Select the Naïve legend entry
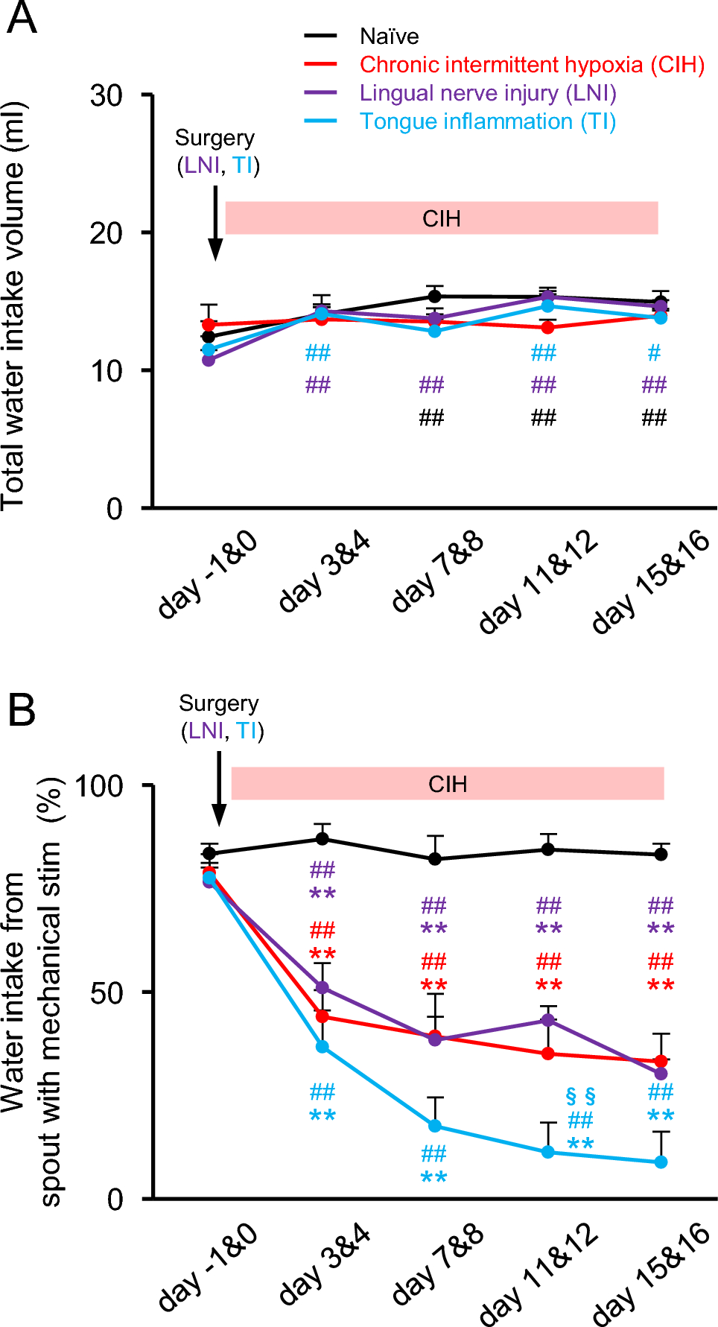[388, 37]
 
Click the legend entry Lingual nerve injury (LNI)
[488, 93]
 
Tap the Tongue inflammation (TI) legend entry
[488, 121]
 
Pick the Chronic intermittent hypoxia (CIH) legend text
[532, 65]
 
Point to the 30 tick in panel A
[106, 95]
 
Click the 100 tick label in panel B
[98, 785]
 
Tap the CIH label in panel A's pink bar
[442, 218]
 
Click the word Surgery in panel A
[215, 138]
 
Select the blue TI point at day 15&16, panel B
[661, 1162]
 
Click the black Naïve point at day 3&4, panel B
[323, 839]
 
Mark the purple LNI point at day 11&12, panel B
[548, 1020]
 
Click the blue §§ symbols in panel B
[580, 1096]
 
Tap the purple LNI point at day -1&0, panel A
[209, 360]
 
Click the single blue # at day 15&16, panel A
[654, 352]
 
